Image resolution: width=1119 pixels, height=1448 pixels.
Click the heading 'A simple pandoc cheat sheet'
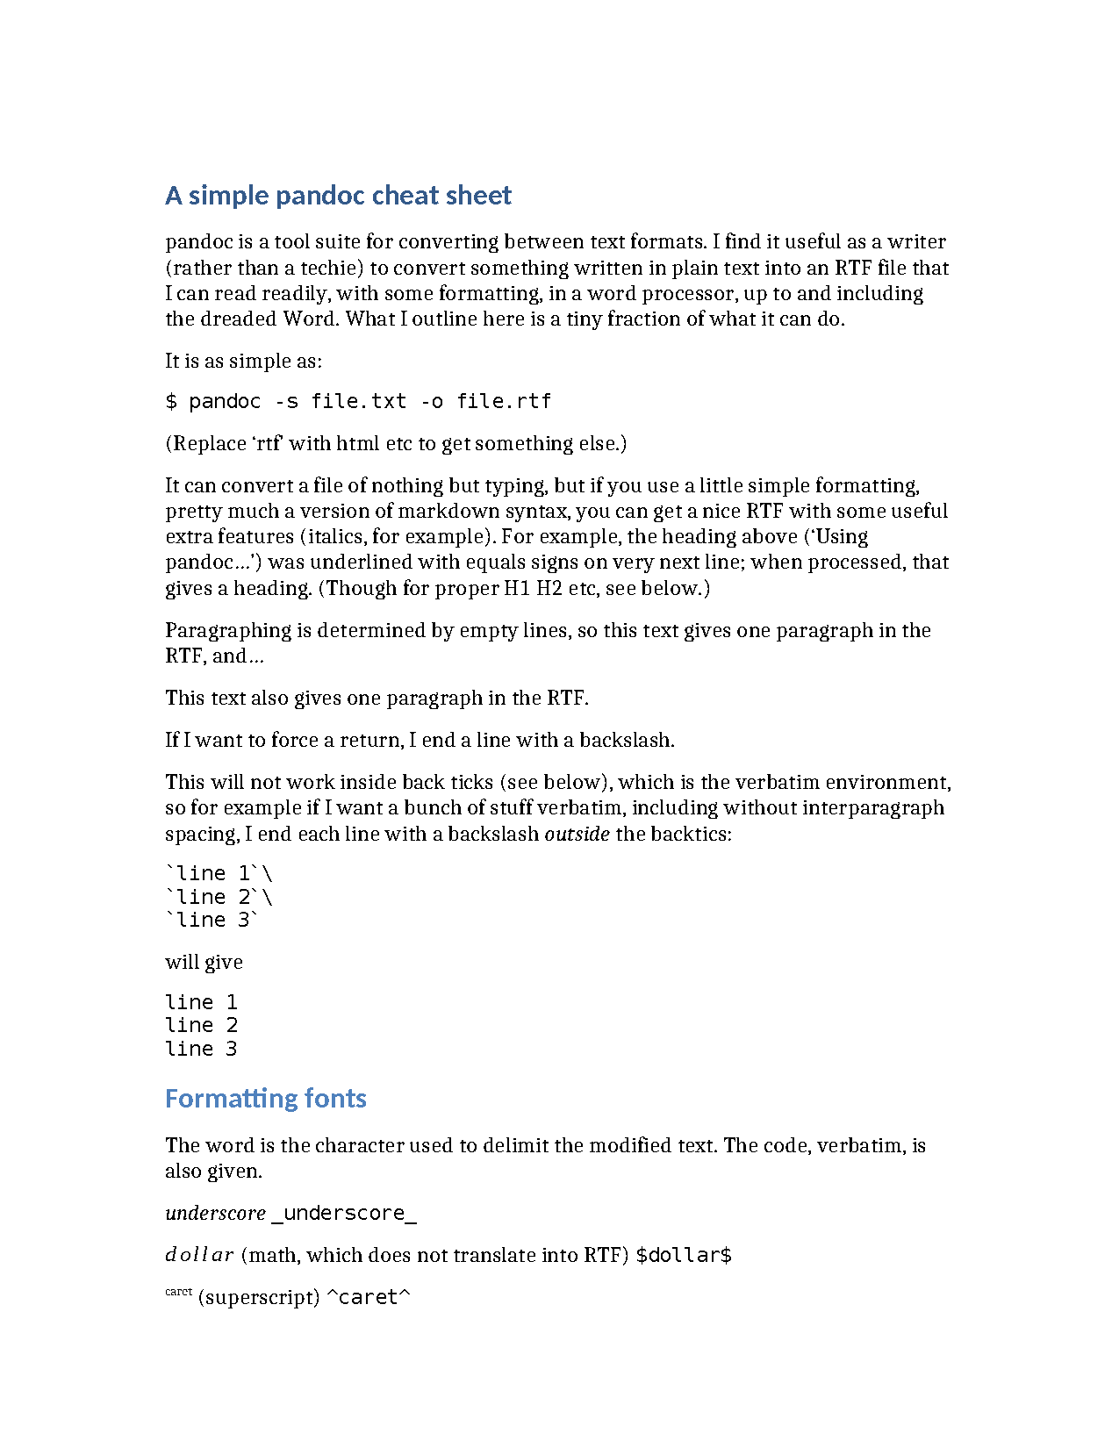coord(338,195)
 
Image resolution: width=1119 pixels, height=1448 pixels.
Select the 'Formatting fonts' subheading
coord(265,1098)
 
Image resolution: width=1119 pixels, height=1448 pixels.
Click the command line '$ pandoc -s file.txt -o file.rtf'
coord(358,401)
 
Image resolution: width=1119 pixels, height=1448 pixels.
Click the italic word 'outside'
coord(577,834)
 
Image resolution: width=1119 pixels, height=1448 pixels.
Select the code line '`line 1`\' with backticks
coord(219,873)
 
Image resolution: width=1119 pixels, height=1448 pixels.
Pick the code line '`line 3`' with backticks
coord(212,920)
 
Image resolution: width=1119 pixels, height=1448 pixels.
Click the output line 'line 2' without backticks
coord(201,1025)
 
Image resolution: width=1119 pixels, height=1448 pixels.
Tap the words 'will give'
coord(204,962)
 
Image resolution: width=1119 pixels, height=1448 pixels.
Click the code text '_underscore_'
coord(344,1213)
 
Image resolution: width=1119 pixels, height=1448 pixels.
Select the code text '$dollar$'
coord(684,1255)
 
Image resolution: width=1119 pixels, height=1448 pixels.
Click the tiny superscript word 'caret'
coord(178,1292)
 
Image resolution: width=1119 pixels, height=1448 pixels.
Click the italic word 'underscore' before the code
coord(215,1213)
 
